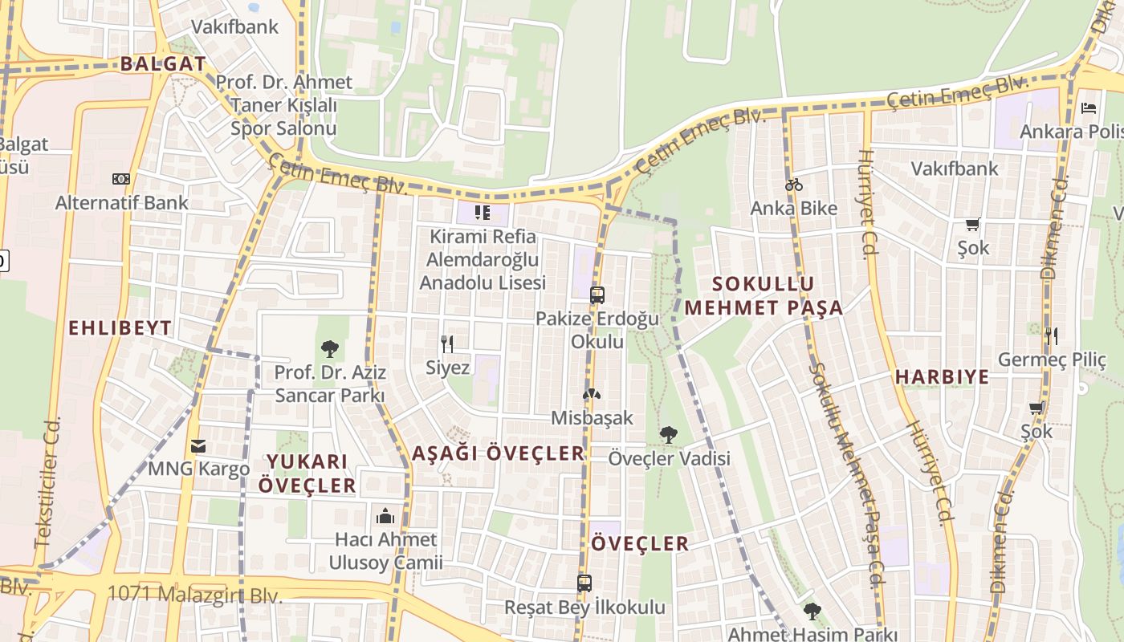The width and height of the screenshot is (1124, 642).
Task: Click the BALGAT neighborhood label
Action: [x=163, y=64]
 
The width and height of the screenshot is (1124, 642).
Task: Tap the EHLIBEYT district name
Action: [x=120, y=327]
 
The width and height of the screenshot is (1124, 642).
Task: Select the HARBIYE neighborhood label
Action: [x=942, y=377]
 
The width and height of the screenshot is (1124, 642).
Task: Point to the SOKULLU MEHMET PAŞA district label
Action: [x=764, y=295]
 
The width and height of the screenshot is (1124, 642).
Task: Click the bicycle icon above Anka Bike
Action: [x=794, y=185]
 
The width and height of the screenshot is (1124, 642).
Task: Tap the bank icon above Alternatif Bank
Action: [x=121, y=178]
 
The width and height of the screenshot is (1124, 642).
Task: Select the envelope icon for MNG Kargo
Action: [x=198, y=445]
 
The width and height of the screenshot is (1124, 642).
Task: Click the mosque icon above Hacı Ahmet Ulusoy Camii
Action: [x=385, y=515]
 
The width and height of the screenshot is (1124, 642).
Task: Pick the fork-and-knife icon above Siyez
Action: [x=447, y=344]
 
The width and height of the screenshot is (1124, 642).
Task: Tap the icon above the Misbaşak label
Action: [x=592, y=394]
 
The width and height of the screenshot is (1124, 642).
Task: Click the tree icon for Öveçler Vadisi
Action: [x=668, y=435]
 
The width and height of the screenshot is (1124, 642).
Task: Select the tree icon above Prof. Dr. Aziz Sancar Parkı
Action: [x=329, y=348]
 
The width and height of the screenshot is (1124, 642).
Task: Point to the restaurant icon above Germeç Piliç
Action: [x=1052, y=335]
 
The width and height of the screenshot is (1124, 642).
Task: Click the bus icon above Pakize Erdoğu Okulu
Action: [x=597, y=295]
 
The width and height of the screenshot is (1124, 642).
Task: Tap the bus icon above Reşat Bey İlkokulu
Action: [x=584, y=583]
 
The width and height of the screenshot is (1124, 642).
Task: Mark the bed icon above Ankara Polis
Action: [x=1089, y=108]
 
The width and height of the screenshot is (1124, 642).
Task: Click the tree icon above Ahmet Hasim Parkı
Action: [x=812, y=611]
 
